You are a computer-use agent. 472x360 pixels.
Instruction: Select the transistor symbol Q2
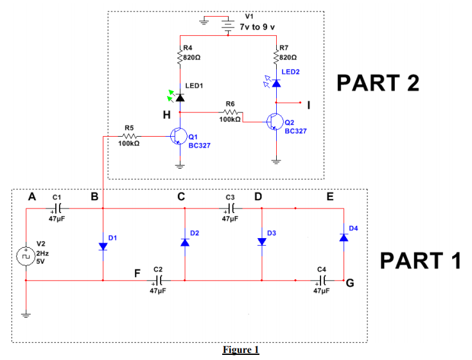tap(275, 122)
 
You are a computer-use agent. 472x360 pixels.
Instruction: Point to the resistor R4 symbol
tap(180, 57)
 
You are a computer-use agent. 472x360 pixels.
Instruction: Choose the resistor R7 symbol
tap(276, 57)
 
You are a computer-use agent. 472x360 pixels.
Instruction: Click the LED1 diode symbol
tap(180, 97)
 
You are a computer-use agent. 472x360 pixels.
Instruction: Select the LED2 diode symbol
tap(276, 83)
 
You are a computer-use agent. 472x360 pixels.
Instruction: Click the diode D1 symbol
tap(103, 246)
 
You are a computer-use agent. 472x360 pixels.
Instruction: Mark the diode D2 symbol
tap(185, 242)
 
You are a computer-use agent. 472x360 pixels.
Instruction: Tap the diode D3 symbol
tap(261, 242)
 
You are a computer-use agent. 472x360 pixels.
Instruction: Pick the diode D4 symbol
tap(344, 237)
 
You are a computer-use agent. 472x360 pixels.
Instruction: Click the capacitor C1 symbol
tap(58, 208)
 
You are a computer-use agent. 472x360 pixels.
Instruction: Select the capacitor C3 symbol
tap(232, 208)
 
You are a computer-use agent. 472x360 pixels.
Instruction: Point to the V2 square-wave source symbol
tap(26, 254)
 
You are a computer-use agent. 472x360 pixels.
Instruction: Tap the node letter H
tap(166, 115)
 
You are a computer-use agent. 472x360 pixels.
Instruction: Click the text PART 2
tap(378, 83)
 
